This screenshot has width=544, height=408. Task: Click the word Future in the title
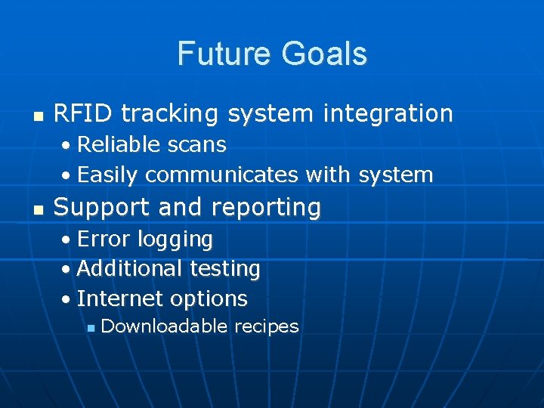click(x=224, y=54)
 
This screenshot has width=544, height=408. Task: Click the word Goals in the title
click(x=324, y=54)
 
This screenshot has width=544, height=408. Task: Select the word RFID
click(x=83, y=113)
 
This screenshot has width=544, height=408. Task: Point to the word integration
click(x=388, y=114)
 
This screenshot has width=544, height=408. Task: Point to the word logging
click(x=175, y=240)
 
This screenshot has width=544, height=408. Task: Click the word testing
click(x=225, y=269)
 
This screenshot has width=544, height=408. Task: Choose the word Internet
click(x=119, y=298)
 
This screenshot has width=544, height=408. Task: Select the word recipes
click(x=267, y=327)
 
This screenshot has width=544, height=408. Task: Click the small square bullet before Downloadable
click(x=90, y=328)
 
